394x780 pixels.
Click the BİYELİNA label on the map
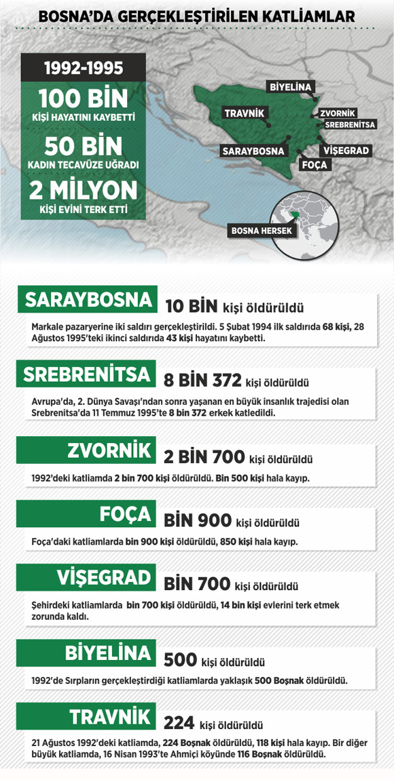[x=290, y=87]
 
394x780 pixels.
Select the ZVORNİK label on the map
[x=338, y=113]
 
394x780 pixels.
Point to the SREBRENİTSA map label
[x=349, y=125]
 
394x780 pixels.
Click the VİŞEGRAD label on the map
[x=345, y=150]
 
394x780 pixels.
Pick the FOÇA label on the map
[x=314, y=165]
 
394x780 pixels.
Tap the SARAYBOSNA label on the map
[x=253, y=151]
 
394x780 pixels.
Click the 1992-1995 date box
[x=84, y=68]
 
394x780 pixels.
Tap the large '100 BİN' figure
[x=84, y=99]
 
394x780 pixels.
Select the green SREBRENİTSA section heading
[x=86, y=374]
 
